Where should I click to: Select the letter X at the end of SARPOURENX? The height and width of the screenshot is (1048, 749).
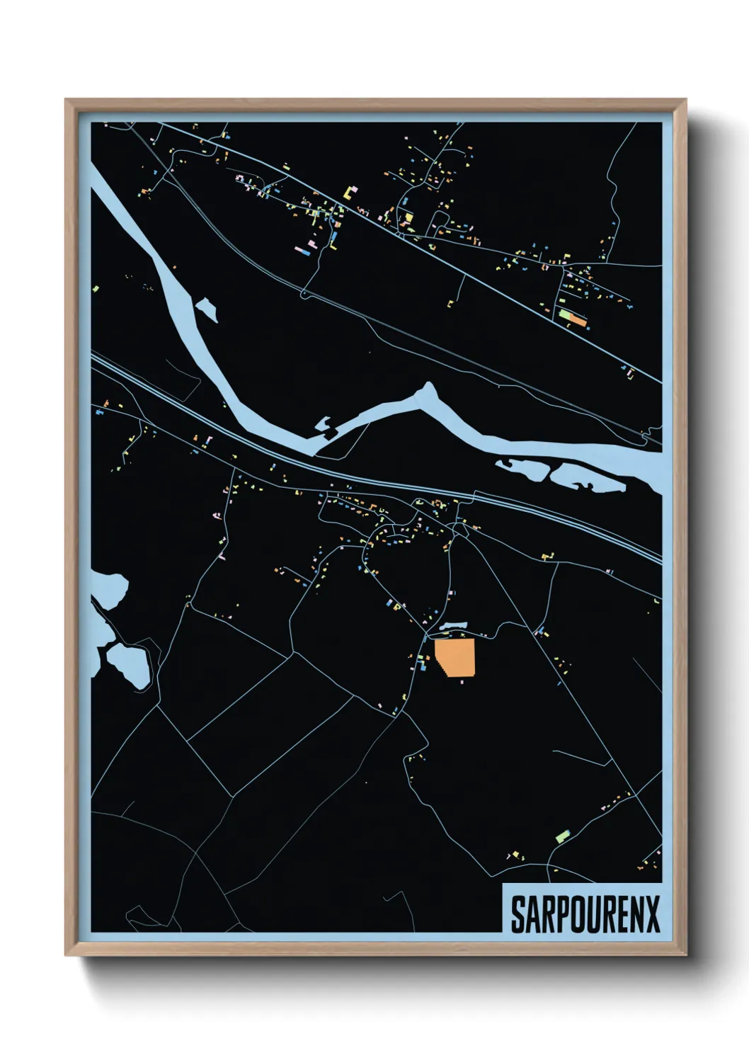652,915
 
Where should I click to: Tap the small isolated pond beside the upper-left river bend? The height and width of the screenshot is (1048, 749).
206,309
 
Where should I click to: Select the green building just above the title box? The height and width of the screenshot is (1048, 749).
564,836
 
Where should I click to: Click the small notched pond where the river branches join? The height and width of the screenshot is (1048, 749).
324,426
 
